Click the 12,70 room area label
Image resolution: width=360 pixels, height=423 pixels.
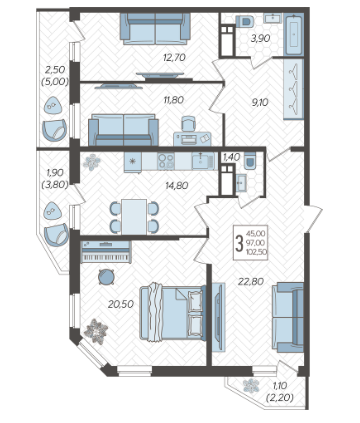174,58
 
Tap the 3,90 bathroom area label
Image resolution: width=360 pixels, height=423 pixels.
260,38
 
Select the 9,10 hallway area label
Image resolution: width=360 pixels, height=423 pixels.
260,103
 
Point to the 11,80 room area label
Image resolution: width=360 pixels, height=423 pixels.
173,100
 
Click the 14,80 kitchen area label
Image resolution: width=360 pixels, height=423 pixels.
177,186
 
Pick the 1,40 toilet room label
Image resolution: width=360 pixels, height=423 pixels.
231,157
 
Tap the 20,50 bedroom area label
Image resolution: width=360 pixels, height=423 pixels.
121,304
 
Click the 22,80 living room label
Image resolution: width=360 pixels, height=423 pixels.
251,282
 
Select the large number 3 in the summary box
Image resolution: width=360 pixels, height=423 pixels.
239,243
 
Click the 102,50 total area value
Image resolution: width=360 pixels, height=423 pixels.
256,252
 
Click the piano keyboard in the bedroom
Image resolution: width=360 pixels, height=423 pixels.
106,252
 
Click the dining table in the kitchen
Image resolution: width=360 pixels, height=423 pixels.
134,217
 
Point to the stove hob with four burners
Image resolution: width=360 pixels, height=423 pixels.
166,161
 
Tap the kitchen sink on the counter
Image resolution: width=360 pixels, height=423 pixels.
201,161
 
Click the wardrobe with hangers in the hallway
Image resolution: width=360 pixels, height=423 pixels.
293,89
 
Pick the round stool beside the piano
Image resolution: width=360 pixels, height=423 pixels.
107,277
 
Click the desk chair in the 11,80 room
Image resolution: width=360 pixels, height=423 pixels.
189,124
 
